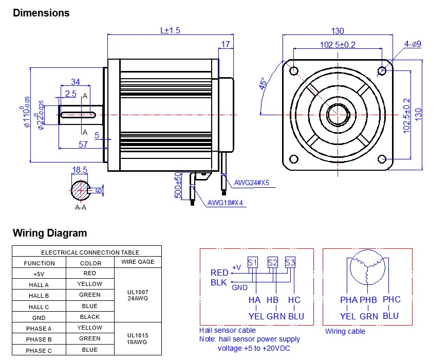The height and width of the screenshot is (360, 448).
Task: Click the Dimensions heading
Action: pos(41,13)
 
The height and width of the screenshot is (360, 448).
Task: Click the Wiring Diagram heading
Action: pos(50,233)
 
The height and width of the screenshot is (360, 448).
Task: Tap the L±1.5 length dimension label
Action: pos(170,30)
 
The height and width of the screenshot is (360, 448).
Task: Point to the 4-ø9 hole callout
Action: pos(412,44)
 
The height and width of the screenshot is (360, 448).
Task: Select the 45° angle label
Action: pos(263,84)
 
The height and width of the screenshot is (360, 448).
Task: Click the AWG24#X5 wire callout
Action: pos(252,183)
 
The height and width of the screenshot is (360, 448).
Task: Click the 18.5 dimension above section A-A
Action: pos(80,170)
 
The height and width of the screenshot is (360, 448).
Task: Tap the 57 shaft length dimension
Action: pos(82,145)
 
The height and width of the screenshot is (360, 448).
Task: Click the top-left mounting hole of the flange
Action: pos(293,70)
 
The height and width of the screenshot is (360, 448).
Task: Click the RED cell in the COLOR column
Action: pos(89,273)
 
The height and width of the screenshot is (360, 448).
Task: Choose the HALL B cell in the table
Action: pos(39,296)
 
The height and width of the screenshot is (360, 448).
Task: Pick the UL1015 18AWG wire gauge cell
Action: pos(138,338)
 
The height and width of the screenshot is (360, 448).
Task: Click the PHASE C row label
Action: pos(39,350)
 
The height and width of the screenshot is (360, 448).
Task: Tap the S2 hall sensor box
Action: pos(273,263)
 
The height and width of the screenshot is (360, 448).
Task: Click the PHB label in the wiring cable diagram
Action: pos(368,300)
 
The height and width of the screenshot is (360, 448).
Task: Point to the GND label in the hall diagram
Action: pos(239,287)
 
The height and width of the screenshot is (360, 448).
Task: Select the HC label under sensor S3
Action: pos(294,300)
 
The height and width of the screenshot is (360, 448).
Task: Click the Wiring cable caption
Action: pos(345,331)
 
